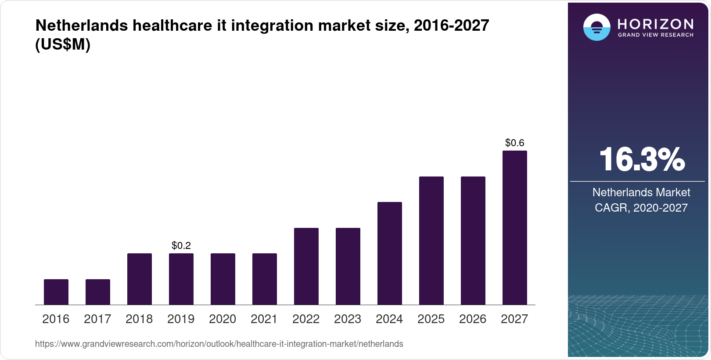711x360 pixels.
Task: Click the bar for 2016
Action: click(56, 292)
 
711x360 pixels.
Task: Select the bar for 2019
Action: click(181, 279)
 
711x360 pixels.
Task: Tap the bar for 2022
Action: click(306, 266)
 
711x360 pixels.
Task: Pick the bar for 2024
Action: click(390, 253)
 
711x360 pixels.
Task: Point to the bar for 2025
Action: click(431, 241)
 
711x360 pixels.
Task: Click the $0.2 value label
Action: click(181, 245)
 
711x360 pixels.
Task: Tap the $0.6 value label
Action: click(515, 143)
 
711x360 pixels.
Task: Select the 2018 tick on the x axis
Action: click(139, 319)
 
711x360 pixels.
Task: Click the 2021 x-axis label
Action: click(264, 319)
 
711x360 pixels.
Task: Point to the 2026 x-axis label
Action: click(473, 319)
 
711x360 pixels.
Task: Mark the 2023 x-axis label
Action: click(348, 319)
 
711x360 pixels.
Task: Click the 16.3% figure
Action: click(642, 159)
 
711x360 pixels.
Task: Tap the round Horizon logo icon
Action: click(596, 27)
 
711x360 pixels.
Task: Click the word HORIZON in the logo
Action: click(655, 24)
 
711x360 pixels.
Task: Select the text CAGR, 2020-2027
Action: click(641, 208)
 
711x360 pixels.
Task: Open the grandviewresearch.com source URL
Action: click(219, 344)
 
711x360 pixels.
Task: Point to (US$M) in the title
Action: click(63, 44)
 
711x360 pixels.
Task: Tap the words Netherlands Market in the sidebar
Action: click(641, 192)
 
